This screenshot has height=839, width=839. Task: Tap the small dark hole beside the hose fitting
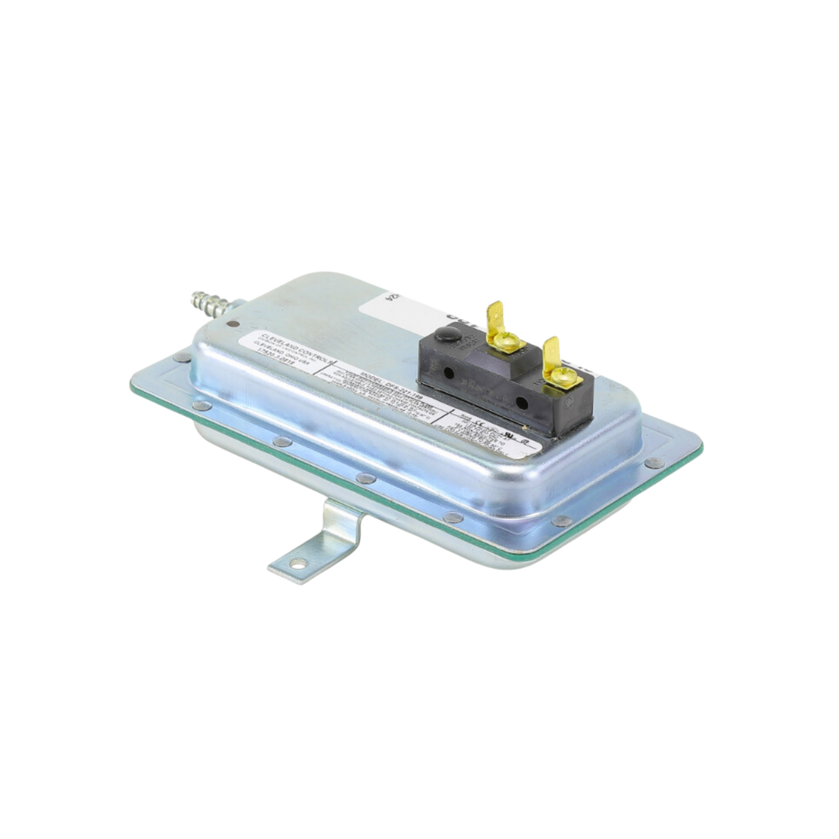(227, 321)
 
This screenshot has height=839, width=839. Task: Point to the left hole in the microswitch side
(450, 373)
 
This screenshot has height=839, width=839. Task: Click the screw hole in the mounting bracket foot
(298, 564)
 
